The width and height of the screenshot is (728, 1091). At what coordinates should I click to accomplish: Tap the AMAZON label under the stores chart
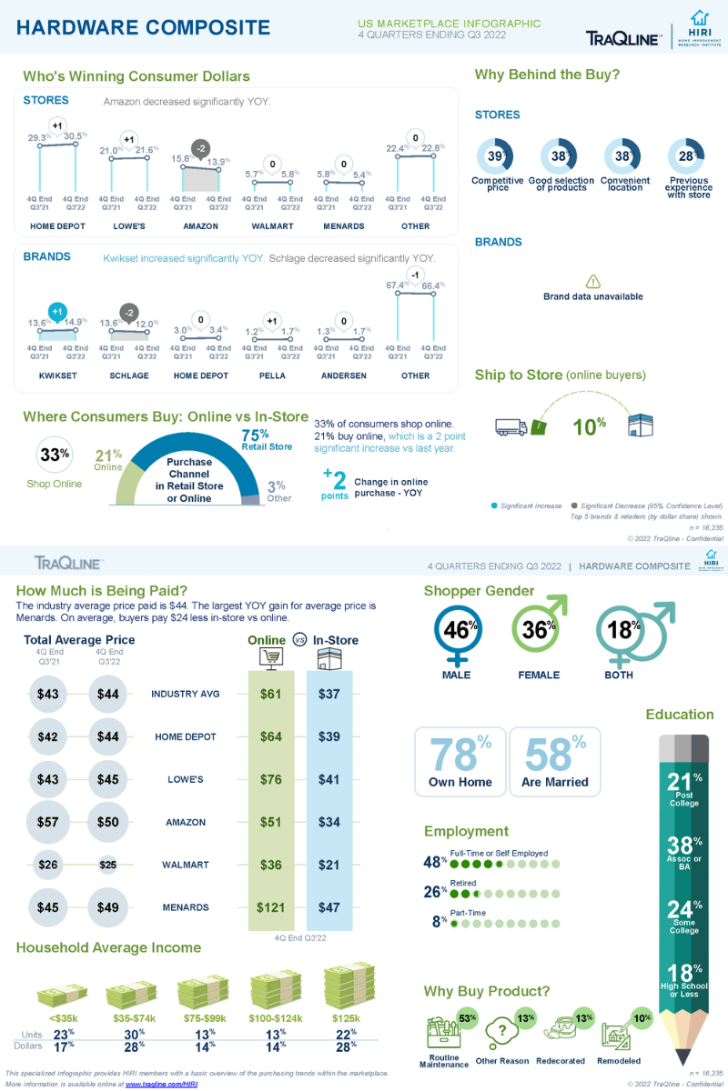click(200, 225)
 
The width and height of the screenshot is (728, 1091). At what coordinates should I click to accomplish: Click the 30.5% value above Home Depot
click(76, 136)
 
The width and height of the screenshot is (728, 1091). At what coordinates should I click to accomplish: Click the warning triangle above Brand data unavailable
click(592, 282)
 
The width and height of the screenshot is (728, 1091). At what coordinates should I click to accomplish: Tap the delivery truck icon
click(511, 426)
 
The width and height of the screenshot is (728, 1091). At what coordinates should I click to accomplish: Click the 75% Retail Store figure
click(256, 435)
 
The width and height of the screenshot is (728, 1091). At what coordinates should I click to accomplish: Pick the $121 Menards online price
click(271, 907)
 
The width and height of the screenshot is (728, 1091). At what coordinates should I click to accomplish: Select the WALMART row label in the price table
click(185, 865)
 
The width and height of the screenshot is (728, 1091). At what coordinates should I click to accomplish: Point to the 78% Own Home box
click(460, 762)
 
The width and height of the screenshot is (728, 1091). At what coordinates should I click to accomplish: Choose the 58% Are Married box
click(554, 762)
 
